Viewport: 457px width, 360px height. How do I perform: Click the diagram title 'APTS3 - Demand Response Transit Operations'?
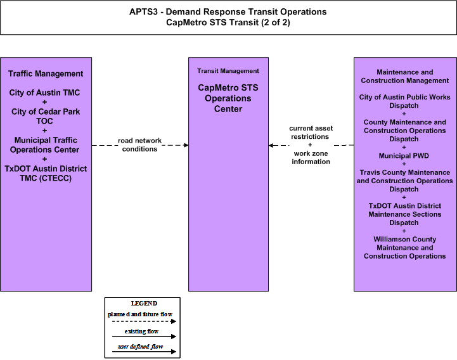(228, 11)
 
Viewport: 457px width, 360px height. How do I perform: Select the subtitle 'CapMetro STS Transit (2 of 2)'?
(228, 22)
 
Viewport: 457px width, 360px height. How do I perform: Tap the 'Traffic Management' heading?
(46, 74)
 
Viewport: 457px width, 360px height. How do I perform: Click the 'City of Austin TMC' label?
(44, 93)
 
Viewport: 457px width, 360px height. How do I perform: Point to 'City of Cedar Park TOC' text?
(46, 117)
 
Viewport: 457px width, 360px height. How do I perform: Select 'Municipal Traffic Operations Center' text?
(44, 145)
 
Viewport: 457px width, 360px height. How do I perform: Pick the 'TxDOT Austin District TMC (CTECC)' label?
(46, 174)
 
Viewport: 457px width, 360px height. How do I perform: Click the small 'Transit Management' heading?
(228, 71)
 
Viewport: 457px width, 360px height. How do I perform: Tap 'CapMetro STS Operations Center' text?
(228, 98)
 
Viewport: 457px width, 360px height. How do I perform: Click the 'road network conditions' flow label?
(139, 145)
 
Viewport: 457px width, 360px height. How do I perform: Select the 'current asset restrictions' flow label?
(311, 132)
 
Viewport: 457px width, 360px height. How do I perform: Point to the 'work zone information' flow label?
(311, 157)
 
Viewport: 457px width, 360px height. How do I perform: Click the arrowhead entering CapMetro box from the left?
(186, 145)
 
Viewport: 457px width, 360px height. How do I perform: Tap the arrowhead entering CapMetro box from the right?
(271, 145)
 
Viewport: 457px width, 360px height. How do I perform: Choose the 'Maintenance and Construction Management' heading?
(404, 76)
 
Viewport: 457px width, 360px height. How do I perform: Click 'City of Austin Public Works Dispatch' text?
(404, 101)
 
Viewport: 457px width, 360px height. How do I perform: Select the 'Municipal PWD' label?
(404, 156)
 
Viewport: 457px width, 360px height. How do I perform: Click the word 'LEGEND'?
(144, 304)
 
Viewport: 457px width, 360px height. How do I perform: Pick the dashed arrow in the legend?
(144, 321)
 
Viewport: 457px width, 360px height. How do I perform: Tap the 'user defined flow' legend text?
(141, 347)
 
